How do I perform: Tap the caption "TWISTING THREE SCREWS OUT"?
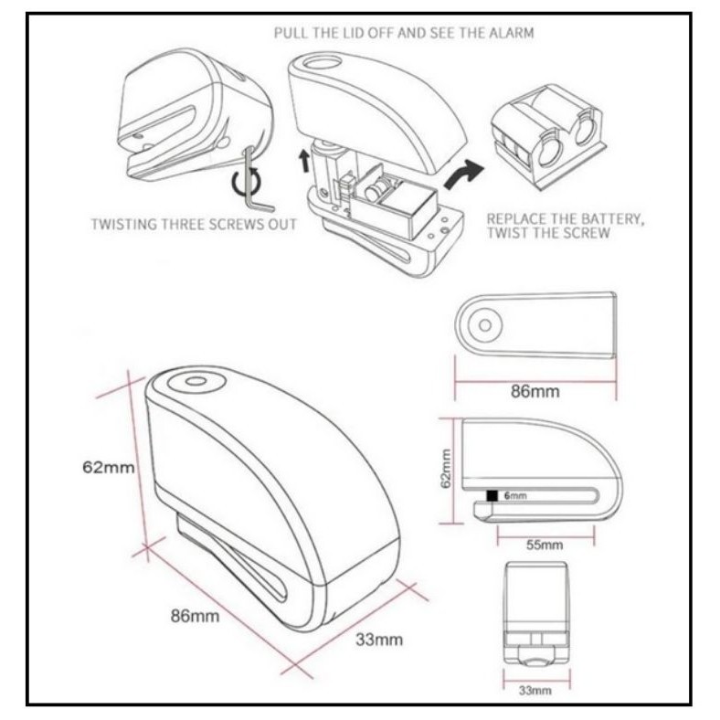(193, 224)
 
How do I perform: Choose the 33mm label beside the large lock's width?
(378, 640)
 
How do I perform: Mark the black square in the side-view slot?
(492, 496)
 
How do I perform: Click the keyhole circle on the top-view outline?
(486, 324)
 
